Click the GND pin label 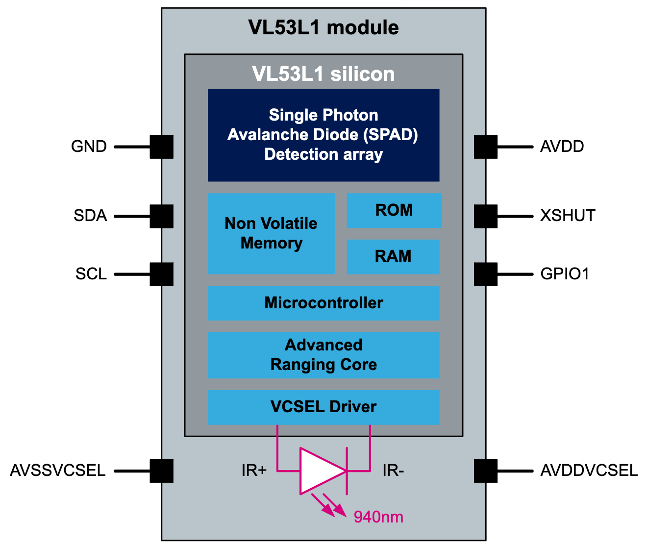[89, 147]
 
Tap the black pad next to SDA [161, 216]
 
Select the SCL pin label [91, 274]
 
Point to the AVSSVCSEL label [58, 471]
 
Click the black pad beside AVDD [486, 147]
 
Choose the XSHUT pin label [568, 216]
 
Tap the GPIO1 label [565, 274]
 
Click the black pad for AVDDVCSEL [486, 471]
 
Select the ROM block [394, 210]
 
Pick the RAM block [393, 256]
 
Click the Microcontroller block [323, 303]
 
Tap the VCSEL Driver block [323, 407]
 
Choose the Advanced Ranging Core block [323, 355]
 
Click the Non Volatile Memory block [271, 233]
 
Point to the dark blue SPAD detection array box [323, 135]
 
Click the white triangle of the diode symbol [319, 471]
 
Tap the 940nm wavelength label [378, 517]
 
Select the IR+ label [254, 471]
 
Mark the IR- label [393, 471]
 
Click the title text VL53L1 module [323, 27]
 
